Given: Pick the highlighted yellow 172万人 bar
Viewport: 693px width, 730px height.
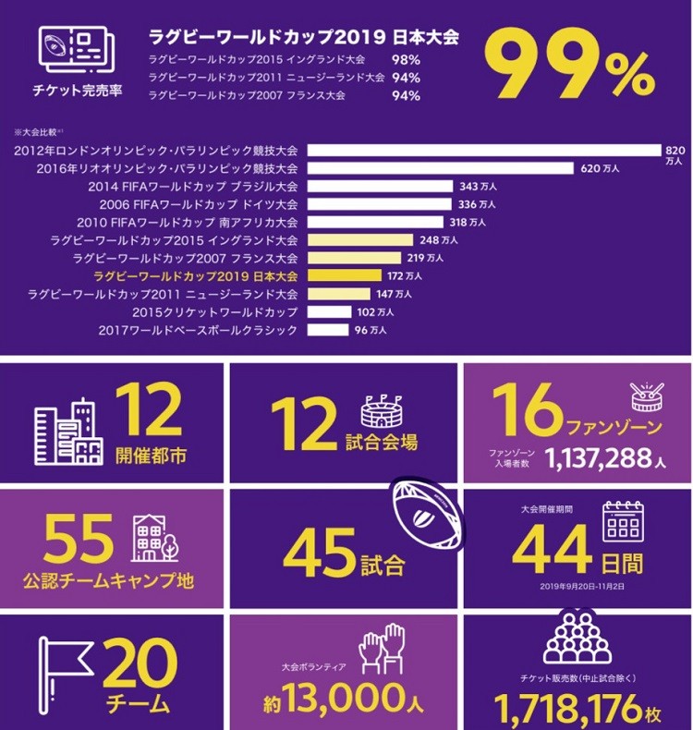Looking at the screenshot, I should (x=344, y=275).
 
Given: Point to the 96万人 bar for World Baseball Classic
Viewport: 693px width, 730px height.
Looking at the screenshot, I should (x=328, y=330).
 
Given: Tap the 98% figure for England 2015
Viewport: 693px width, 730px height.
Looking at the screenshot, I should (x=405, y=60).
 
